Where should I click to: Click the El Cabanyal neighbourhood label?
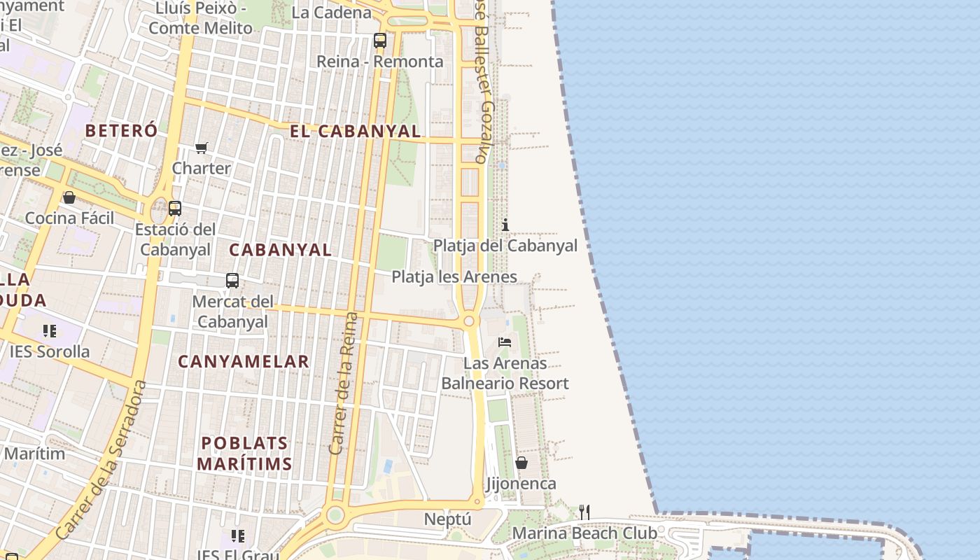pos(356,131)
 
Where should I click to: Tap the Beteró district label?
pos(122,130)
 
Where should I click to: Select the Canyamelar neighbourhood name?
pos(243,361)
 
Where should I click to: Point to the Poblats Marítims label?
pos(244,453)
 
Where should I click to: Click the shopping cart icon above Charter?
pos(202,148)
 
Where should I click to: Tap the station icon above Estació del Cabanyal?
pos(175,208)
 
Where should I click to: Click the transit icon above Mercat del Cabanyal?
pos(232,281)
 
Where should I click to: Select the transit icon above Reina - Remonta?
pos(379,41)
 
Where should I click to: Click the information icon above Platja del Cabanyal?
pos(505,225)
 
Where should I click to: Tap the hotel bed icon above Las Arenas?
pos(505,342)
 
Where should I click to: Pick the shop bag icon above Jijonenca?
pos(521,463)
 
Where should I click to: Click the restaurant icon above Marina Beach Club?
pos(584,512)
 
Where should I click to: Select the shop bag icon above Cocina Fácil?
pos(69,197)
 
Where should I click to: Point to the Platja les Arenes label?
pos(454,276)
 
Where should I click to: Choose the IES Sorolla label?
pos(50,351)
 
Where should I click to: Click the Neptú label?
pos(448,519)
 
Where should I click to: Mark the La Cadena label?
pos(331,12)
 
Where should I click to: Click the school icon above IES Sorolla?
pos(49,330)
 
